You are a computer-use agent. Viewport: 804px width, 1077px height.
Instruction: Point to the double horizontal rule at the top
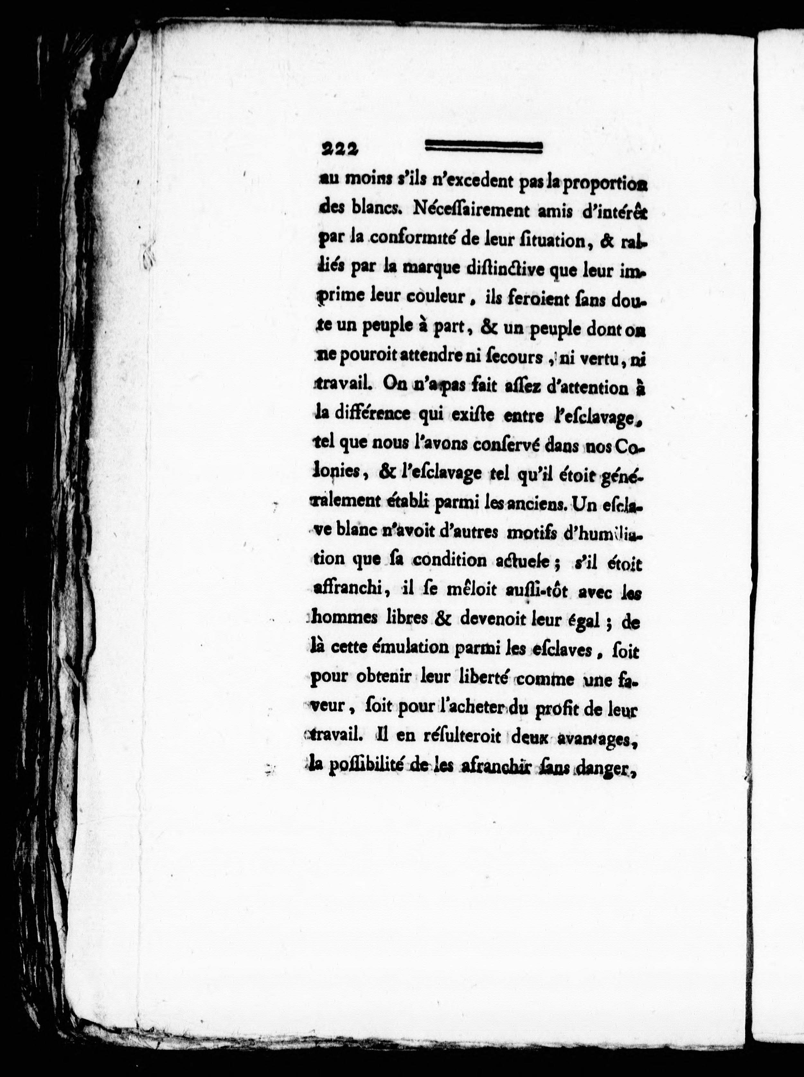[x=483, y=147]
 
